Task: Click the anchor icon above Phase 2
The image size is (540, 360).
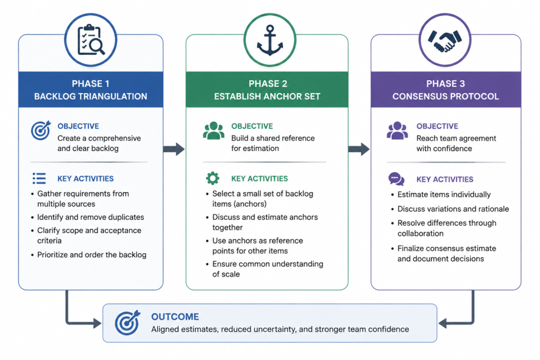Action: [270, 40]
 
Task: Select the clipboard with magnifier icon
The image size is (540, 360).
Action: [91, 40]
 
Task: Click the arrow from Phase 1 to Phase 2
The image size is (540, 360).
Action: [174, 149]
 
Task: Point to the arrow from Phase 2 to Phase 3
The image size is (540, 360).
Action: [359, 149]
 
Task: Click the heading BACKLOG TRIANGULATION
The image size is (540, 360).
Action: [91, 96]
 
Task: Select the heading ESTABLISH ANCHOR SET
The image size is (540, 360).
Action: [267, 96]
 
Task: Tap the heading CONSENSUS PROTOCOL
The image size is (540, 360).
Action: [446, 96]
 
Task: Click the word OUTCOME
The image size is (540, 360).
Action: [175, 317]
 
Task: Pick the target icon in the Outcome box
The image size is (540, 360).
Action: [128, 323]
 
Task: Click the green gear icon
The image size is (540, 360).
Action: [213, 178]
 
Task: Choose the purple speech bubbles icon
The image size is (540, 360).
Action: [397, 179]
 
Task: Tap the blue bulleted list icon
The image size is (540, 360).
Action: [39, 178]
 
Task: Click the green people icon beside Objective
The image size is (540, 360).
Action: [214, 130]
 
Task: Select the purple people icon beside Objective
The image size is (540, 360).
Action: [398, 130]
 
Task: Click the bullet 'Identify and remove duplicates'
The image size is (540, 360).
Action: [91, 217]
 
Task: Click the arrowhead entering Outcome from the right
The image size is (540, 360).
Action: [442, 323]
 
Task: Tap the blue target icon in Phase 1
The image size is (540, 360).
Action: [41, 130]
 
